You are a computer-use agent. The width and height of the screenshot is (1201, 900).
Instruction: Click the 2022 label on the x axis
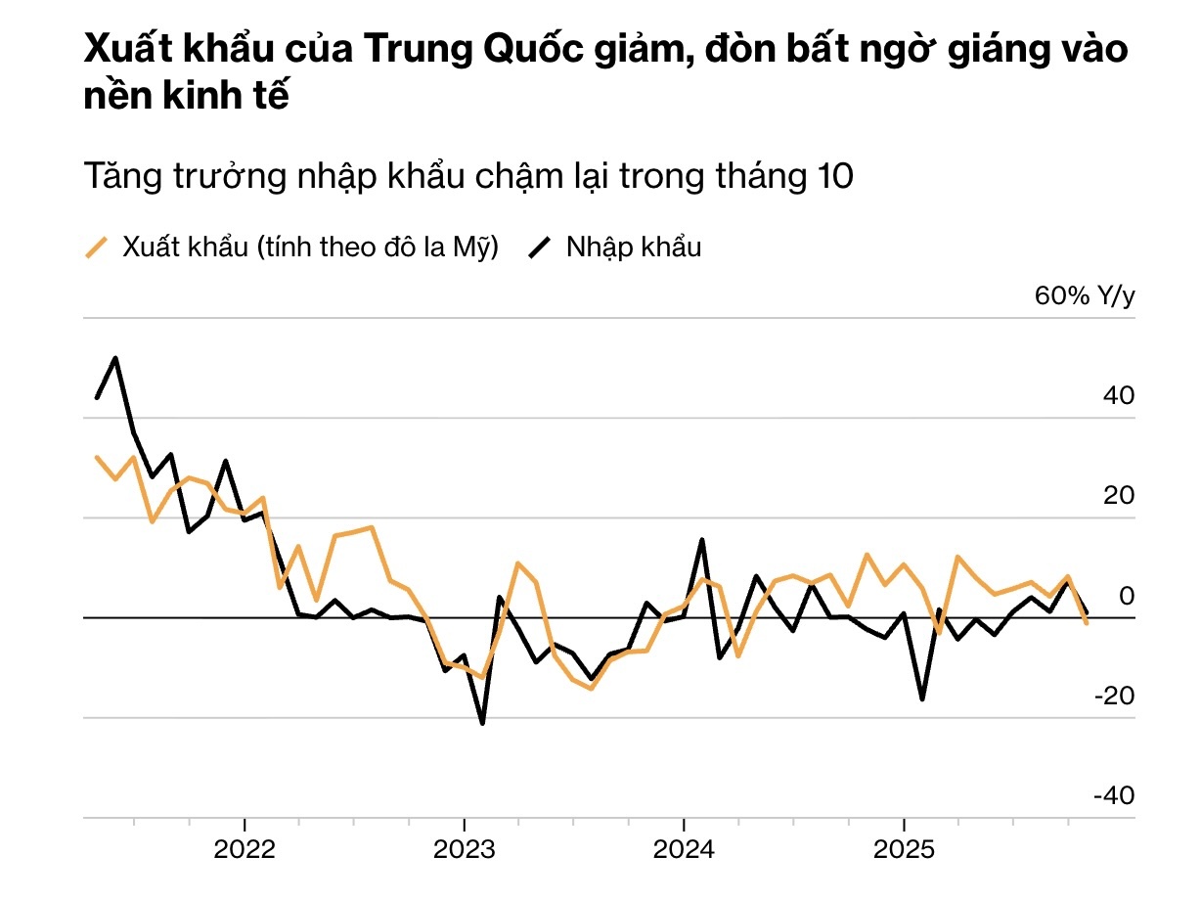tap(245, 847)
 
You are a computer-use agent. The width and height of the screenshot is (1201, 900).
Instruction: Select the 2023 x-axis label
tap(464, 847)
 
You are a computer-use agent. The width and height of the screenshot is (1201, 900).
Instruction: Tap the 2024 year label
tap(684, 847)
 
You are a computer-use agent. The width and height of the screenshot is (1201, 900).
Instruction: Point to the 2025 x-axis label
tap(904, 847)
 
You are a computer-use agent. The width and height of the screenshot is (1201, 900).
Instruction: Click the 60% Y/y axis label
tap(1085, 296)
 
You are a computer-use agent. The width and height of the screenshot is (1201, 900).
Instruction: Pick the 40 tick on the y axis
tap(1119, 396)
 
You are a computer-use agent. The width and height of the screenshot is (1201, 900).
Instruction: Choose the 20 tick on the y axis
tap(1119, 496)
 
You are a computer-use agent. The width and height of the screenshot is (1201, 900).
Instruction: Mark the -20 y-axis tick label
tap(1114, 697)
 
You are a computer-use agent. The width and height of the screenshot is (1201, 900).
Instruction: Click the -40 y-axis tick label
tap(1114, 796)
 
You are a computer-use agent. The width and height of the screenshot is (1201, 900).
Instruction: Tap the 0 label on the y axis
tap(1126, 596)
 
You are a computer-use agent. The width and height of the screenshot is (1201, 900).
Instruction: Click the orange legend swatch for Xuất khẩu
tap(97, 247)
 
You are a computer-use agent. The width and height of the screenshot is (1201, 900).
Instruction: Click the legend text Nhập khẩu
tap(634, 247)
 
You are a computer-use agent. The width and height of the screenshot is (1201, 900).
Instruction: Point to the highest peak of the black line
tap(115, 358)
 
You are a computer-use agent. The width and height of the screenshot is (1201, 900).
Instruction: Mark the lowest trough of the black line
tap(482, 723)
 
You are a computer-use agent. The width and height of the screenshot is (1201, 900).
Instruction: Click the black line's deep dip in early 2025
tap(921, 699)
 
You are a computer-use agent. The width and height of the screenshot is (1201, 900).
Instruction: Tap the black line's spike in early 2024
tap(702, 540)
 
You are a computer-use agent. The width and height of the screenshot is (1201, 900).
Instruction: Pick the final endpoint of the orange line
tap(1087, 623)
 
